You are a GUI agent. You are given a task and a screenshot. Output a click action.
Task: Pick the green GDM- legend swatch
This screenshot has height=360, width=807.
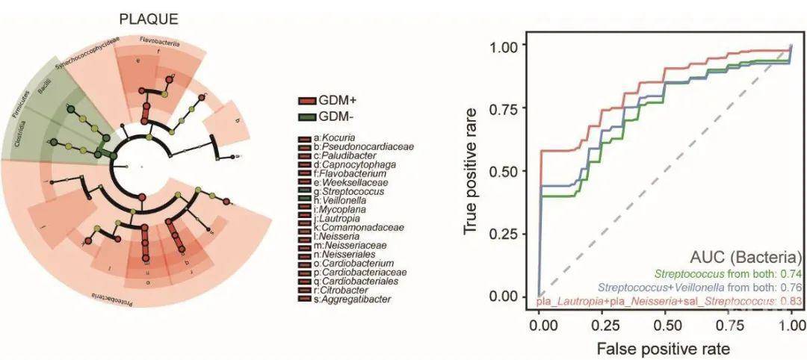pyautogui.click(x=306, y=117)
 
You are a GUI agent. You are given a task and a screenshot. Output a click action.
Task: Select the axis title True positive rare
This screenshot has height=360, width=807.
pyautogui.click(x=471, y=171)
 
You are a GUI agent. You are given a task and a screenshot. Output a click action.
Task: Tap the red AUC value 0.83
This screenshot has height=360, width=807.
pyautogui.click(x=791, y=300)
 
